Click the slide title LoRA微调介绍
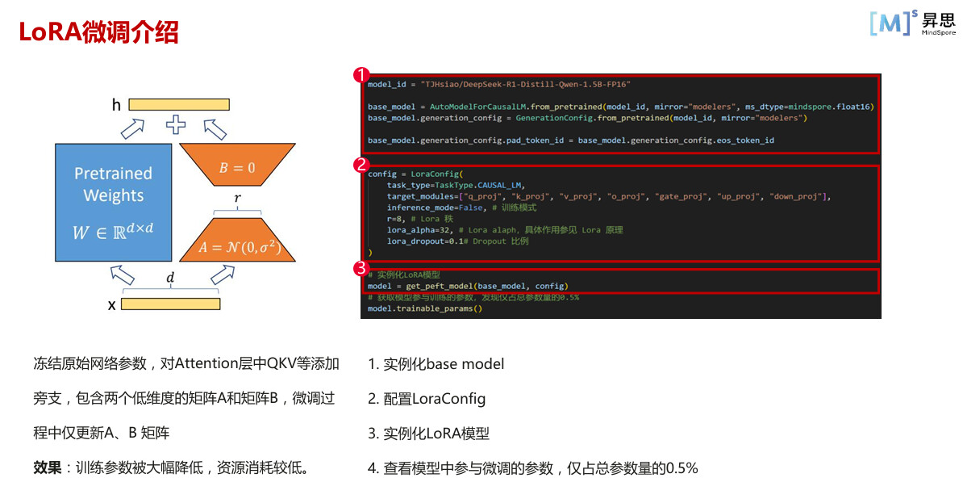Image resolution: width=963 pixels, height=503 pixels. pyautogui.click(x=98, y=32)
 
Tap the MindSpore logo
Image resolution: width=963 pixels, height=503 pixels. pyautogui.click(x=912, y=23)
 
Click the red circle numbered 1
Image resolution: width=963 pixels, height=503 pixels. pyautogui.click(x=361, y=76)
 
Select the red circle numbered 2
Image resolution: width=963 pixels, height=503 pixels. pyautogui.click(x=361, y=166)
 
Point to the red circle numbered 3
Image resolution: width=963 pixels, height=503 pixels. pyautogui.click(x=361, y=268)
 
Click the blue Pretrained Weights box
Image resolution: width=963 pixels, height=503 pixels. pyautogui.click(x=113, y=202)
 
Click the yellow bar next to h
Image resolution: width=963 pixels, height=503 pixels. pyautogui.click(x=173, y=104)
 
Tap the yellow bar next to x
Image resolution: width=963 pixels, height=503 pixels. pyautogui.click(x=170, y=304)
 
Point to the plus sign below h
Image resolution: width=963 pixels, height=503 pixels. pyautogui.click(x=175, y=125)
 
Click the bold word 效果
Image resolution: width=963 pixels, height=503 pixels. pyautogui.click(x=47, y=467)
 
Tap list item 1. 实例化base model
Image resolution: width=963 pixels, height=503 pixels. pyautogui.click(x=436, y=364)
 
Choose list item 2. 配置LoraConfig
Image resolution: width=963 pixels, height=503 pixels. pyautogui.click(x=427, y=399)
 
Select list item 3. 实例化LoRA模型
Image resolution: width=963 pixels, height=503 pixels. pyautogui.click(x=428, y=434)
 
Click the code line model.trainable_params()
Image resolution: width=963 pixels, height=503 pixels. pyautogui.click(x=424, y=308)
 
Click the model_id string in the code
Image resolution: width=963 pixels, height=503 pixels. pyautogui.click(x=525, y=84)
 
